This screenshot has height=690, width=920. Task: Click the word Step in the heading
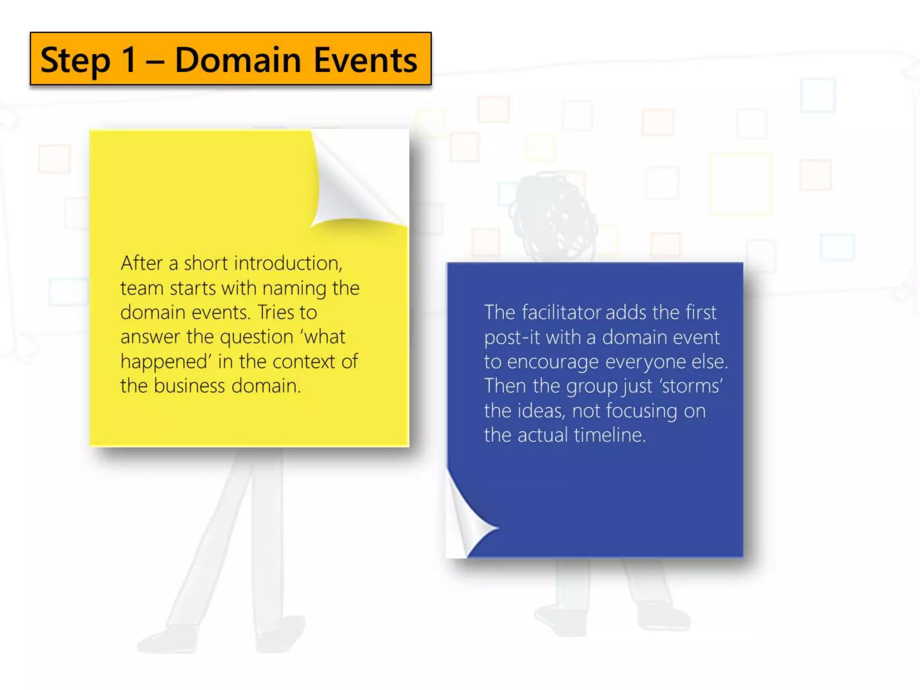(x=75, y=61)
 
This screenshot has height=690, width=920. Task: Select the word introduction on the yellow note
(x=287, y=264)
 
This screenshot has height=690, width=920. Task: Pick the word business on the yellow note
(x=189, y=386)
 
